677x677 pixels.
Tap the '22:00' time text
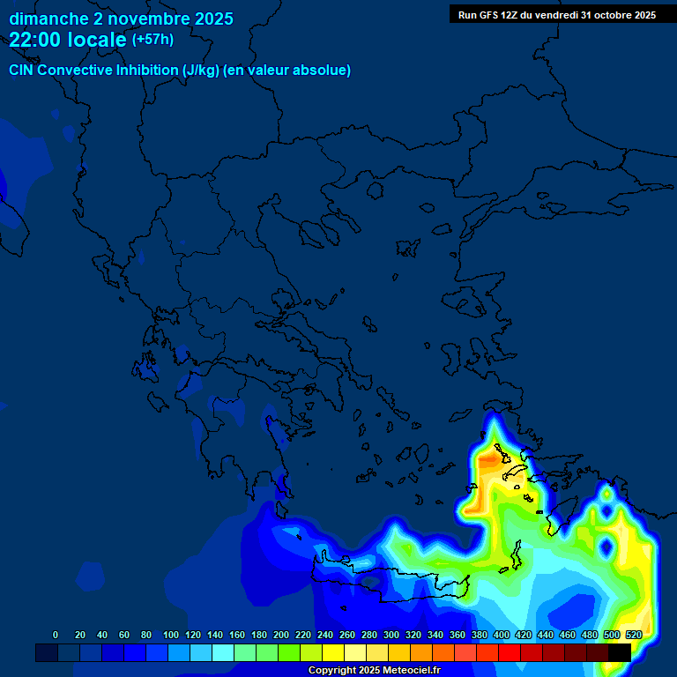[x=35, y=40]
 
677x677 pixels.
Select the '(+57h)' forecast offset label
[x=153, y=40]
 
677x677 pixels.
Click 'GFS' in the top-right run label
[x=487, y=15]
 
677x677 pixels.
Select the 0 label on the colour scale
[x=56, y=635]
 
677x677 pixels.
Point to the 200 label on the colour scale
[x=281, y=635]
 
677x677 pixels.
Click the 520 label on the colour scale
[x=634, y=635]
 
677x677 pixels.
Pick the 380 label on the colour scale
[x=480, y=635]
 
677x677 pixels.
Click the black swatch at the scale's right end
[x=620, y=652]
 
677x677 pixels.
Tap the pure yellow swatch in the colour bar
[x=333, y=652]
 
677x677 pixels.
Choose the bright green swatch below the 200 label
[x=289, y=652]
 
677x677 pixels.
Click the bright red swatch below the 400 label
[x=510, y=652]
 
